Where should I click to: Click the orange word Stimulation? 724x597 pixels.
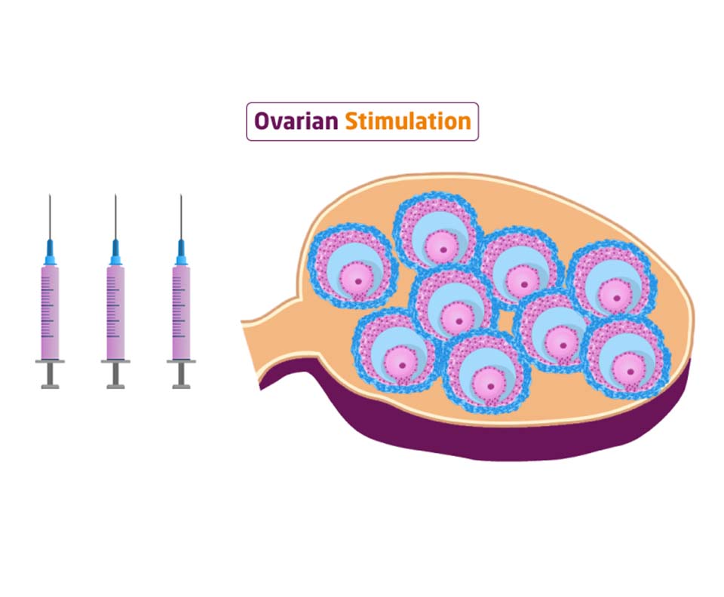(x=408, y=121)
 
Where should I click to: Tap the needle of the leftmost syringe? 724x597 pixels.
(x=50, y=214)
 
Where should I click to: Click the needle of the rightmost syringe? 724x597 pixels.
(x=181, y=214)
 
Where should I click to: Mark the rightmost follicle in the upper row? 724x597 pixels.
(x=609, y=279)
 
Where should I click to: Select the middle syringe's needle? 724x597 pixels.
(x=115, y=214)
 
